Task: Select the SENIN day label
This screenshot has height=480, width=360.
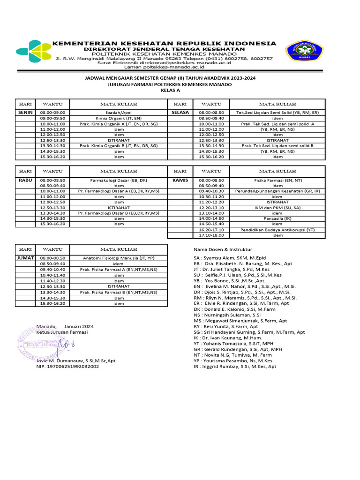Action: [x=25, y=113]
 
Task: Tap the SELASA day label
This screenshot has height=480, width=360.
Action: [x=180, y=113]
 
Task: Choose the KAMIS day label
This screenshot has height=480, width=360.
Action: [x=180, y=180]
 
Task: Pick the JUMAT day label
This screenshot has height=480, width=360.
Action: [x=25, y=258]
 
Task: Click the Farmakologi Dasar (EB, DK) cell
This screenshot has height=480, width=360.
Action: [x=118, y=180]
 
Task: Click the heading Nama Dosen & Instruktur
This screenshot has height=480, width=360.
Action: [x=223, y=249]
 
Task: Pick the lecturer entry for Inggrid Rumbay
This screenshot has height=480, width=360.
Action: [x=235, y=367]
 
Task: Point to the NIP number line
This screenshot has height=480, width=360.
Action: [x=67, y=367]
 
